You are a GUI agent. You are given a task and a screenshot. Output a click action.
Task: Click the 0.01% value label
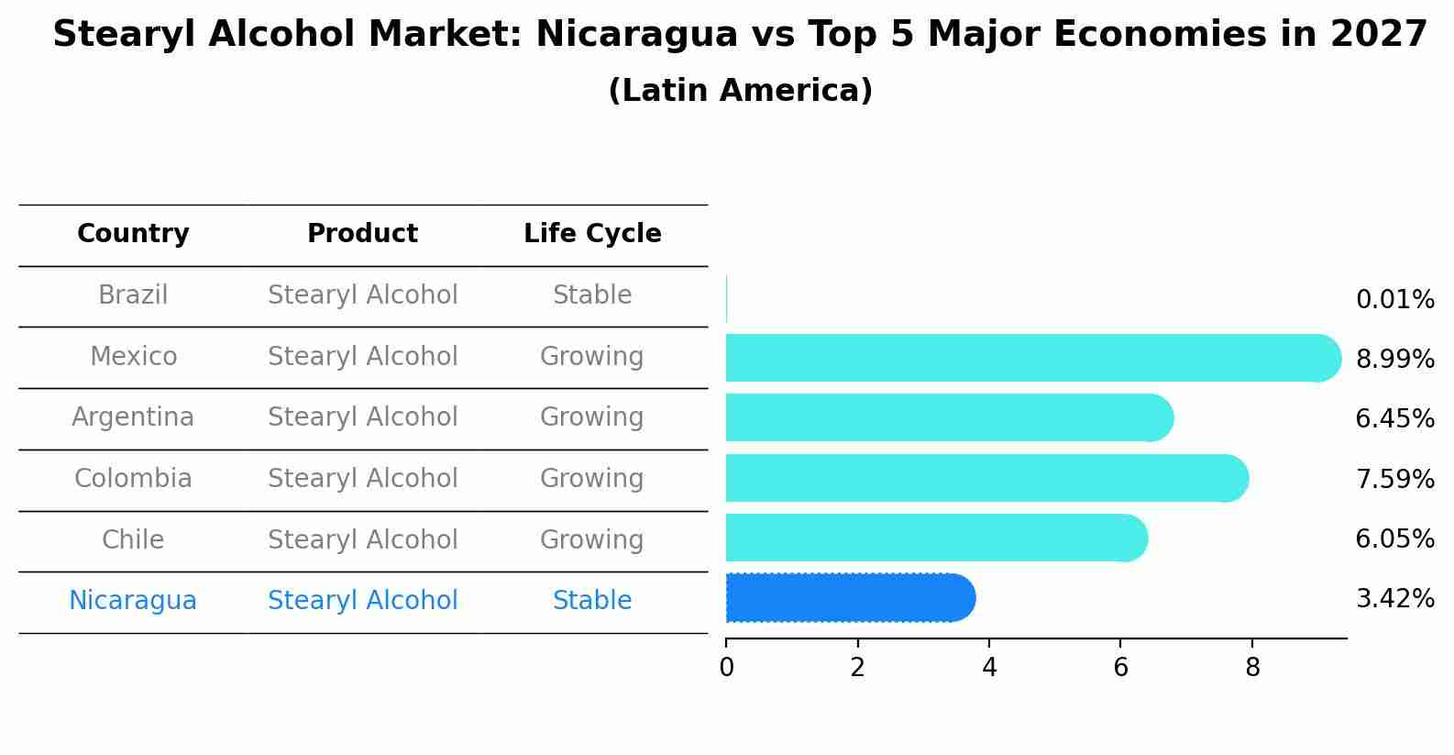1394,300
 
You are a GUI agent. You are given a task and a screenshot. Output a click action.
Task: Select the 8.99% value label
1394,360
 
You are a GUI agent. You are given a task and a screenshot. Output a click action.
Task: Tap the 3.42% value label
1394,599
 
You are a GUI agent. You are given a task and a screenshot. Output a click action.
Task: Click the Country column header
133,234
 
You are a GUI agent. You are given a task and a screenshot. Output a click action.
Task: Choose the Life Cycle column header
592,234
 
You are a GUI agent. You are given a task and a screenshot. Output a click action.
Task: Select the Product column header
362,234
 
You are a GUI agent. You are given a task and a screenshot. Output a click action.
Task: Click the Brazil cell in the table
133,295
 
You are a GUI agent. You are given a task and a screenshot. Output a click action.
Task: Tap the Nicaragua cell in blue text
133,601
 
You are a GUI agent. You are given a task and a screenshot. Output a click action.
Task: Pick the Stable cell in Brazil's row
592,295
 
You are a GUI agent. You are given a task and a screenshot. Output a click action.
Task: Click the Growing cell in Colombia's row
592,479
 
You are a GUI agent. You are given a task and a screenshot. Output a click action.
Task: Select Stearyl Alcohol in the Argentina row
362,417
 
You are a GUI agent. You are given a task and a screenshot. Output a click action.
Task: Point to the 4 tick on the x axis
989,668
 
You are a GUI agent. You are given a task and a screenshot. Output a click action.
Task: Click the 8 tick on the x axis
1252,668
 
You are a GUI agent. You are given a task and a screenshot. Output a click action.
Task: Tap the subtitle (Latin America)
740,91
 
